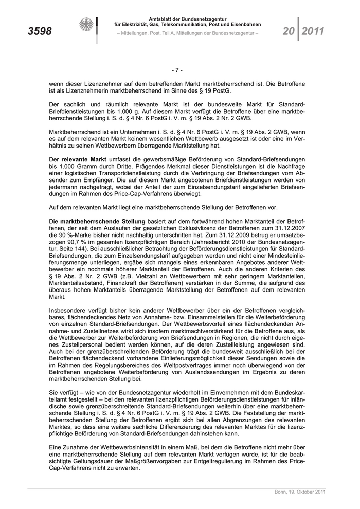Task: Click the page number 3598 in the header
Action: pos(40,31)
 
